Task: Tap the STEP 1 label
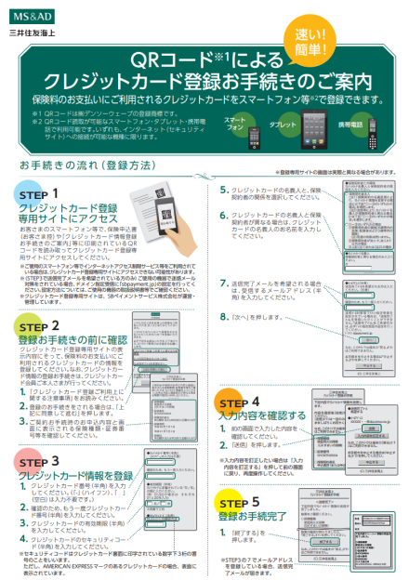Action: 39,193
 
